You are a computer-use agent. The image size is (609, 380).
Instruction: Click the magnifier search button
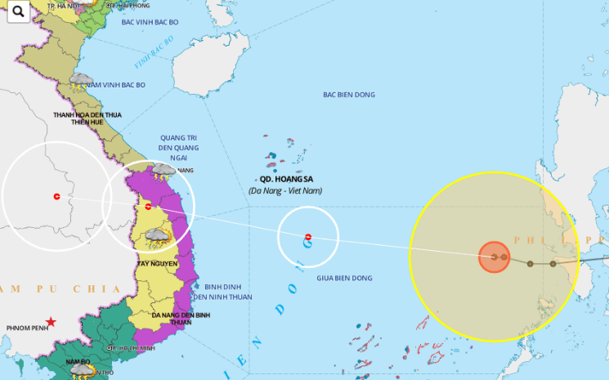[16, 11]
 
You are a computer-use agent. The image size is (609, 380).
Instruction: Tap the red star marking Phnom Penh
[51, 322]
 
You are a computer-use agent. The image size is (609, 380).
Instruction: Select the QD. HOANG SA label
[285, 179]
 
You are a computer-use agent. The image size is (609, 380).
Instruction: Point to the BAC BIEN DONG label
[348, 95]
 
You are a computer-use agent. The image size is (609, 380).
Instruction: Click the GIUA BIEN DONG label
[344, 279]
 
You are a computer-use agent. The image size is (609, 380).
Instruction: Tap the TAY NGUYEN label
[157, 264]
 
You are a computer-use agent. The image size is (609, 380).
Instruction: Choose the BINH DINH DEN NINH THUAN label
[227, 292]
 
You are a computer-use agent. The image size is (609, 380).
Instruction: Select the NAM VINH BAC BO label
[115, 85]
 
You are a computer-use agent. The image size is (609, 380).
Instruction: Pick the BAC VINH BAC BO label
[149, 21]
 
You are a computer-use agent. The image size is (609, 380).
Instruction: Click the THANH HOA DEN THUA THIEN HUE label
[87, 119]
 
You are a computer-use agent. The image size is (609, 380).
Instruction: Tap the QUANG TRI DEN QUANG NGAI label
[179, 148]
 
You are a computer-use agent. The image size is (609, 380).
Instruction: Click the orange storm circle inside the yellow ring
[494, 257]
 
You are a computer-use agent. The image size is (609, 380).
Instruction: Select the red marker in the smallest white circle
[307, 238]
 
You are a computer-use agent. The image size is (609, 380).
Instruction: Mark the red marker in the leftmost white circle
[56, 196]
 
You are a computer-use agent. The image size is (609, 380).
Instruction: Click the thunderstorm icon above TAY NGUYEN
[157, 239]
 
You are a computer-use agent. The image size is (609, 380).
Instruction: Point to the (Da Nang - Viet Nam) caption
[285, 190]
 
